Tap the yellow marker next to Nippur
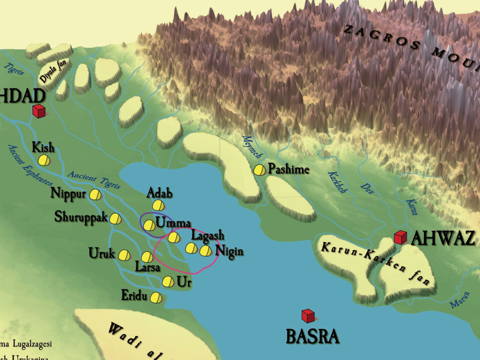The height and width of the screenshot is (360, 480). click(96, 195)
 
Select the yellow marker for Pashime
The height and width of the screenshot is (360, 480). click(260, 170)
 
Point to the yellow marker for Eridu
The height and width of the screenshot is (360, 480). click(156, 298)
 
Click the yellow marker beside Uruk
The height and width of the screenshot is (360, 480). click(124, 254)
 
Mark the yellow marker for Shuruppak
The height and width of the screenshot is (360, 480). click(115, 219)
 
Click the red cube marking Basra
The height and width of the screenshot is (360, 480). click(308, 316)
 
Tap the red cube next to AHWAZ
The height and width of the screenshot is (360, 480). click(400, 237)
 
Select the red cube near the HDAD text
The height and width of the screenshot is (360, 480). click(39, 111)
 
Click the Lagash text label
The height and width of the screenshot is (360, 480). click(207, 236)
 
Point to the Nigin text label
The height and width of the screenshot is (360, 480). click(229, 252)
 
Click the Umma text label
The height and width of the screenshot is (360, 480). click(173, 223)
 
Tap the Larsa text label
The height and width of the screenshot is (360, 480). click(147, 268)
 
